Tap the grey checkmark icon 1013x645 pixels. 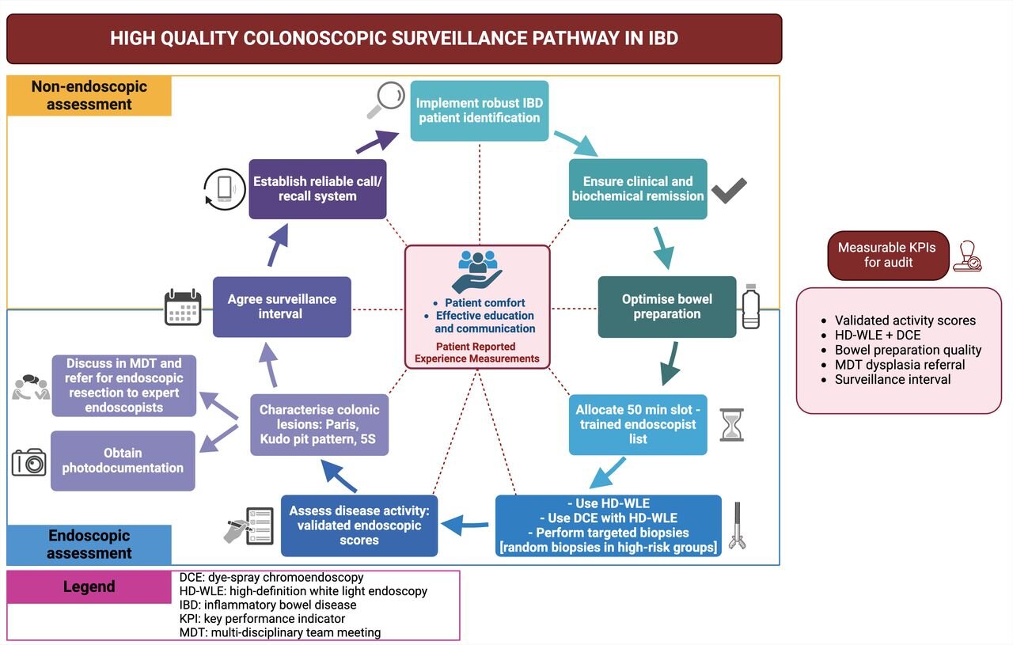[x=729, y=191]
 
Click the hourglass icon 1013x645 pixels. [x=730, y=425]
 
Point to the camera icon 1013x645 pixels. [x=29, y=461]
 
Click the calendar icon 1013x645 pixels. [x=183, y=307]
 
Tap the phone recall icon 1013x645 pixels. [x=224, y=189]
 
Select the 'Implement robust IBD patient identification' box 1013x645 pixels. [x=480, y=111]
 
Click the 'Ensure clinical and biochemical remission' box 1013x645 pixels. [x=638, y=189]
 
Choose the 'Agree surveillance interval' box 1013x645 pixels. [x=282, y=307]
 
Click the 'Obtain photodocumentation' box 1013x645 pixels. [x=123, y=461]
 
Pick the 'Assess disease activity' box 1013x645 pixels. [x=359, y=525]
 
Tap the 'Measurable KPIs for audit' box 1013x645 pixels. [x=887, y=255]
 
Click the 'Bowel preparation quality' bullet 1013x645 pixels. [x=908, y=350]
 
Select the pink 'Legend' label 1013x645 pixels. [x=89, y=586]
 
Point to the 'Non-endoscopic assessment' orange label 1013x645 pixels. [x=89, y=96]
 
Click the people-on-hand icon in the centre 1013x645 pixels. [x=477, y=271]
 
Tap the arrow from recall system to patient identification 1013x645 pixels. [x=377, y=142]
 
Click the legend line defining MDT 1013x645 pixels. [x=280, y=632]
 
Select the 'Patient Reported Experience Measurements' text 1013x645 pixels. [x=477, y=352]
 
